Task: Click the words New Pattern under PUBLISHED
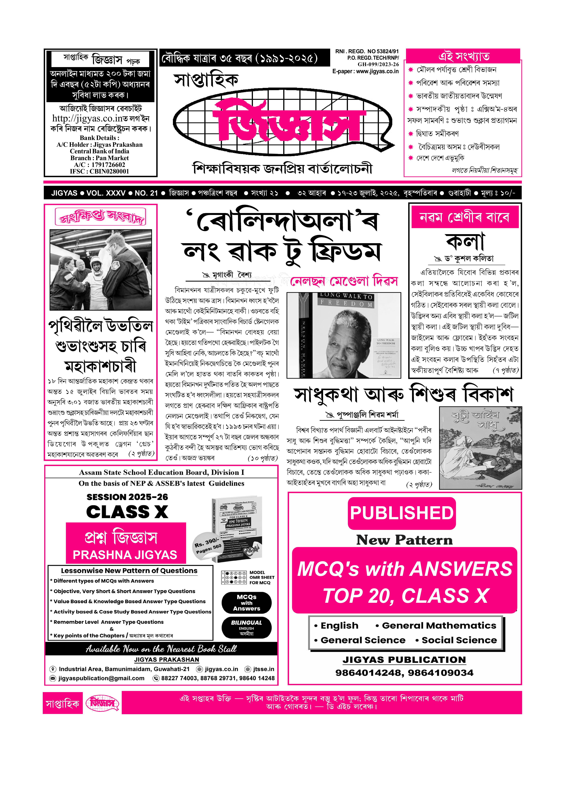pos(404,540)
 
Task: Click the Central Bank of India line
pos(99,151)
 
